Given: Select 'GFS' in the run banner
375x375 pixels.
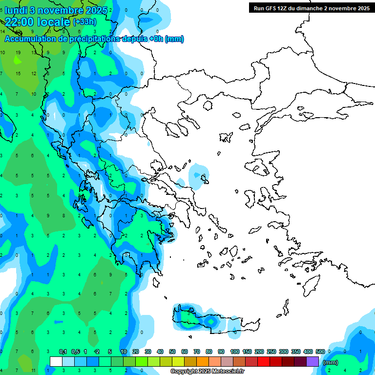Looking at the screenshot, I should pos(273,8).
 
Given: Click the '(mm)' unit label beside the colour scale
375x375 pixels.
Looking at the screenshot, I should pos(331,362).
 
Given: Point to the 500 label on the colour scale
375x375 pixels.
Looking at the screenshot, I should pos(320,352).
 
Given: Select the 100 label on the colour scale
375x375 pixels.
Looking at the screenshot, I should pos(234,352).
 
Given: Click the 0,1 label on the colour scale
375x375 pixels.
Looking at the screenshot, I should pos(63,352).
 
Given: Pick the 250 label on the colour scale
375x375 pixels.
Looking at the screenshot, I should pos(271,352).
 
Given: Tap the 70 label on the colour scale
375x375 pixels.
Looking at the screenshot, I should pos(197,352).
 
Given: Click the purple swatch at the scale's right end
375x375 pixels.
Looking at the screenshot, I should pos(312,361).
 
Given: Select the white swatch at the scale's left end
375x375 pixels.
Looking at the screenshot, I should pos(56,361).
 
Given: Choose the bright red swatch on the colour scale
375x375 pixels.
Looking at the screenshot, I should pos(264,361).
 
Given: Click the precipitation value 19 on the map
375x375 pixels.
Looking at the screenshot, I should pos(18,52).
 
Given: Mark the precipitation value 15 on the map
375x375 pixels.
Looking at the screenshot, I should pos(18,73).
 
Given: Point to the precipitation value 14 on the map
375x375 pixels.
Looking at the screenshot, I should pos(2,31).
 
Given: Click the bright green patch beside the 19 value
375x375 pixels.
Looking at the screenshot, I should pos(18,61).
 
